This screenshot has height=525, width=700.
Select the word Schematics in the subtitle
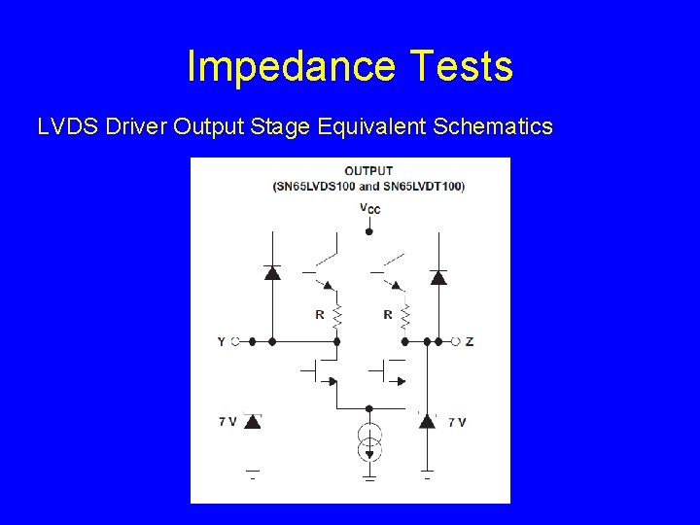494,126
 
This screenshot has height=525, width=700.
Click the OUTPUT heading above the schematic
368,171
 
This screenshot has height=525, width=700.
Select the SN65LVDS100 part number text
314,186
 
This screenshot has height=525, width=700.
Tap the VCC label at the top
368,207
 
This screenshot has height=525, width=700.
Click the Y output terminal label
222,341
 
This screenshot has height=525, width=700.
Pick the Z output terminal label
470,341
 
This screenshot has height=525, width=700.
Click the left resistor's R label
319,314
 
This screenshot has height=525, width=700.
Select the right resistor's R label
388,314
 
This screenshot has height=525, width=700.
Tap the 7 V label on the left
227,421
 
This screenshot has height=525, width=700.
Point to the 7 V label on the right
457,421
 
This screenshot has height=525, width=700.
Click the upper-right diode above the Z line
438,277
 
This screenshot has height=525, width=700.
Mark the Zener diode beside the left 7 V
253,421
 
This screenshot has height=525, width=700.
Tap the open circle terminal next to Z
456,341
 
